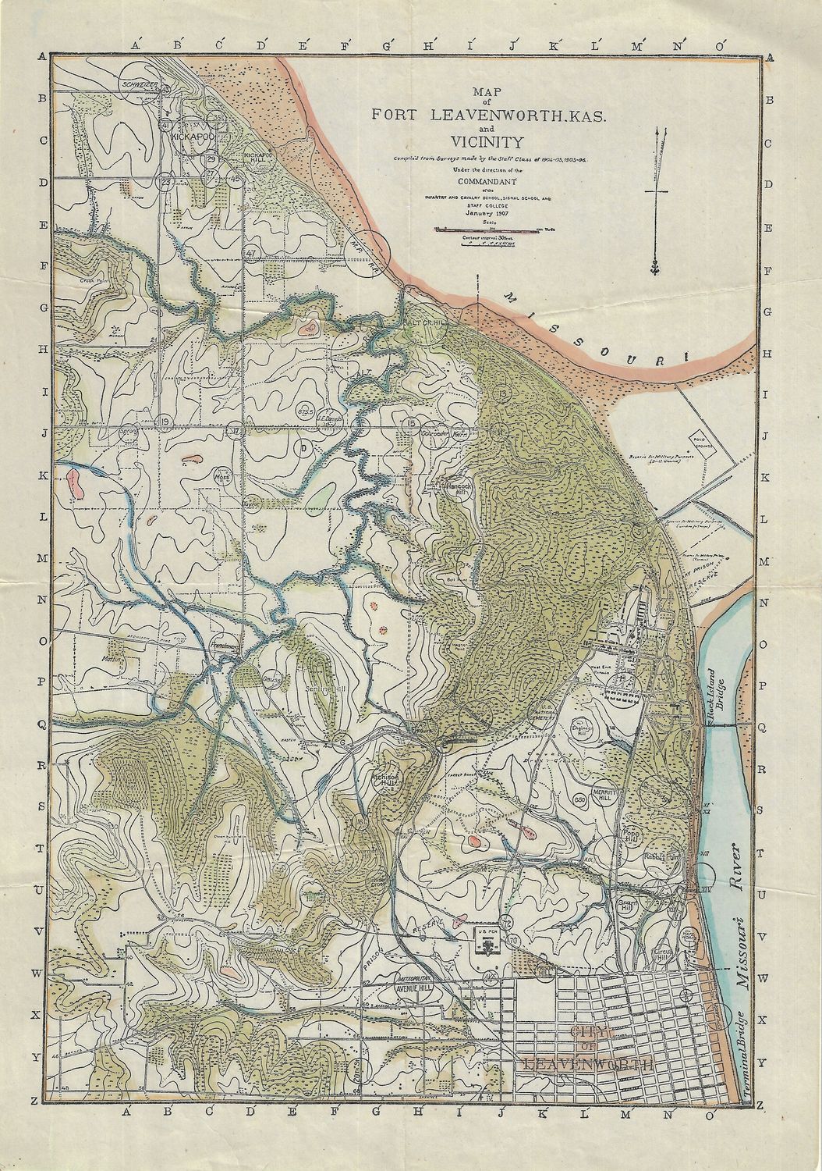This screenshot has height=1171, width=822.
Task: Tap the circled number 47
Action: pyautogui.click(x=250, y=253)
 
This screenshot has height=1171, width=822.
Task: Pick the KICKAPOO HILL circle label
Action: pyautogui.click(x=258, y=157)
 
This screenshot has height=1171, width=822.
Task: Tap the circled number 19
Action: pyautogui.click(x=165, y=422)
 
